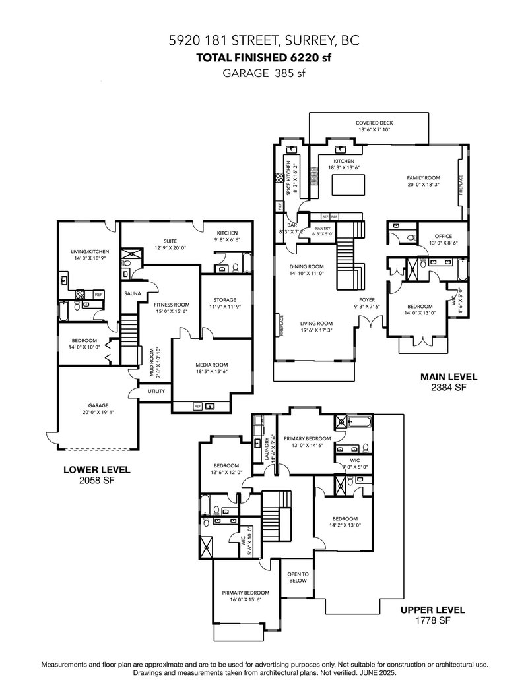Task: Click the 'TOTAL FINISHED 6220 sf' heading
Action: pos(264,57)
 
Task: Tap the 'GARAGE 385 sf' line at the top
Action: pos(264,74)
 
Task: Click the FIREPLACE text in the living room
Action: pos(282,326)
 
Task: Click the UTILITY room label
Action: pos(156,391)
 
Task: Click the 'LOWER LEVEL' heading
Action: pos(96,470)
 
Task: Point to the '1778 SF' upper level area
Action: pos(432,620)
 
